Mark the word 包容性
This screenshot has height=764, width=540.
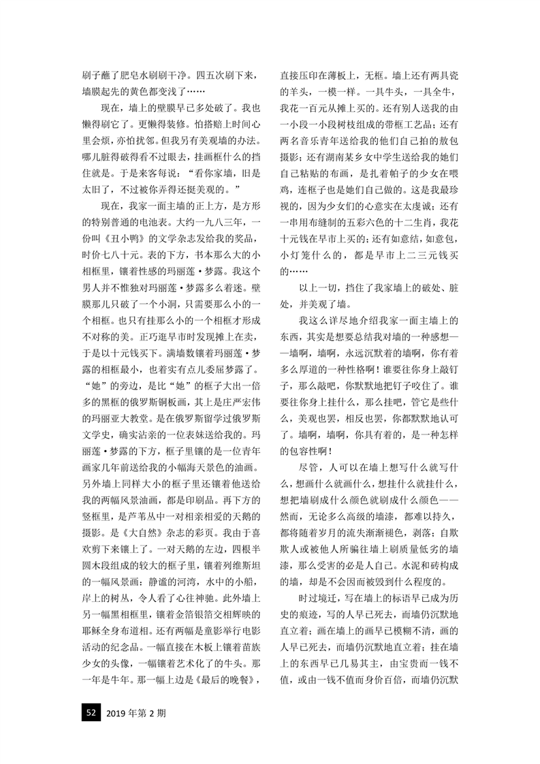click(306, 450)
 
